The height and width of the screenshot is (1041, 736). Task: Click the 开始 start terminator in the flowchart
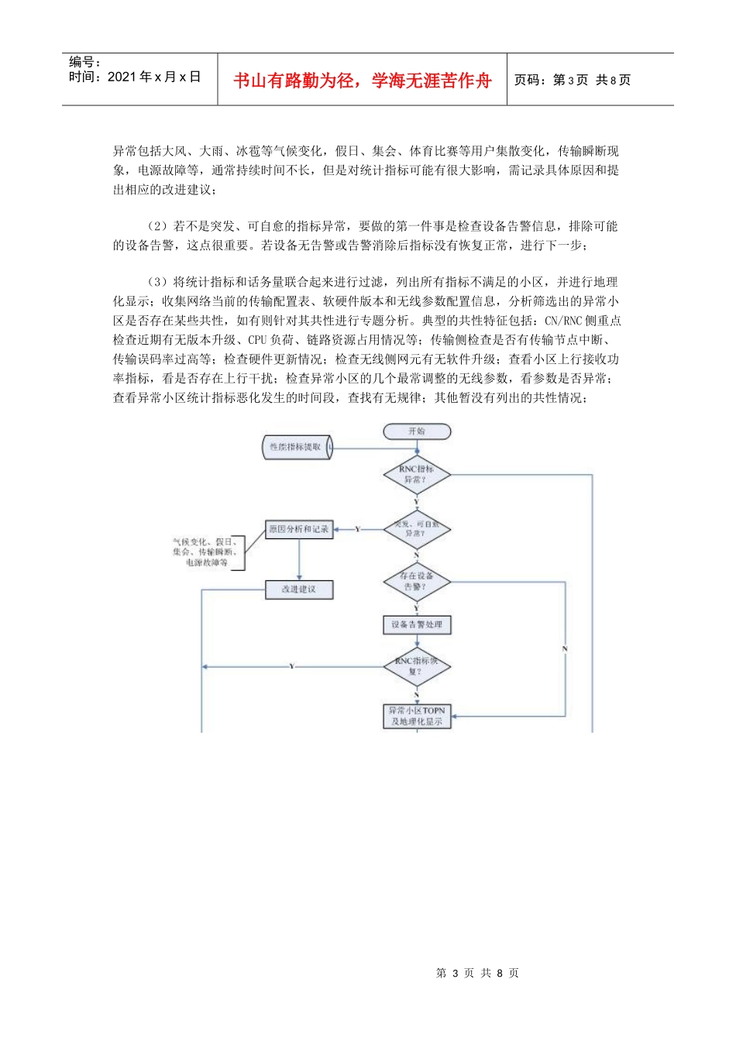coord(417,431)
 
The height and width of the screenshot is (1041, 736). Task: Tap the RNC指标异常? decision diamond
coord(417,475)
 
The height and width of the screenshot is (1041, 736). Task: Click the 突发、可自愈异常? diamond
coord(417,529)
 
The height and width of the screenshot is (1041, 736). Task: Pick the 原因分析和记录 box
coord(299,529)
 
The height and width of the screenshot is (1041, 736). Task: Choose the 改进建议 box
coord(299,589)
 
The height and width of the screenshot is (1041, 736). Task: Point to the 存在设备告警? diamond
coord(417,582)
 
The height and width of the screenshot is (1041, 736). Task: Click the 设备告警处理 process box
coord(417,624)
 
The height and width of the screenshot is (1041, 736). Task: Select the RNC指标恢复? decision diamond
coord(417,666)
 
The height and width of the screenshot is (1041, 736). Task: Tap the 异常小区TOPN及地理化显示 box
coord(417,716)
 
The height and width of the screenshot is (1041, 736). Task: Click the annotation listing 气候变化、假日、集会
coord(205,552)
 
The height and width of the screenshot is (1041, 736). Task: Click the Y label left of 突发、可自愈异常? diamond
coord(357,529)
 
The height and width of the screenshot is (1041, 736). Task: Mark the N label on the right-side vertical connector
coord(565,648)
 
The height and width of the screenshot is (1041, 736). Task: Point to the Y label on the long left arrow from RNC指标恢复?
coord(292,666)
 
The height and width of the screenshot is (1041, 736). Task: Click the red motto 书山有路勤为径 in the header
coord(363,81)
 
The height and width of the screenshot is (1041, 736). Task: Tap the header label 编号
coord(84,62)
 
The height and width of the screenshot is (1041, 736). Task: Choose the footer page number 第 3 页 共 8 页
coord(477,973)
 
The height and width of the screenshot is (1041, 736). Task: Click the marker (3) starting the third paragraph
coord(157,282)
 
